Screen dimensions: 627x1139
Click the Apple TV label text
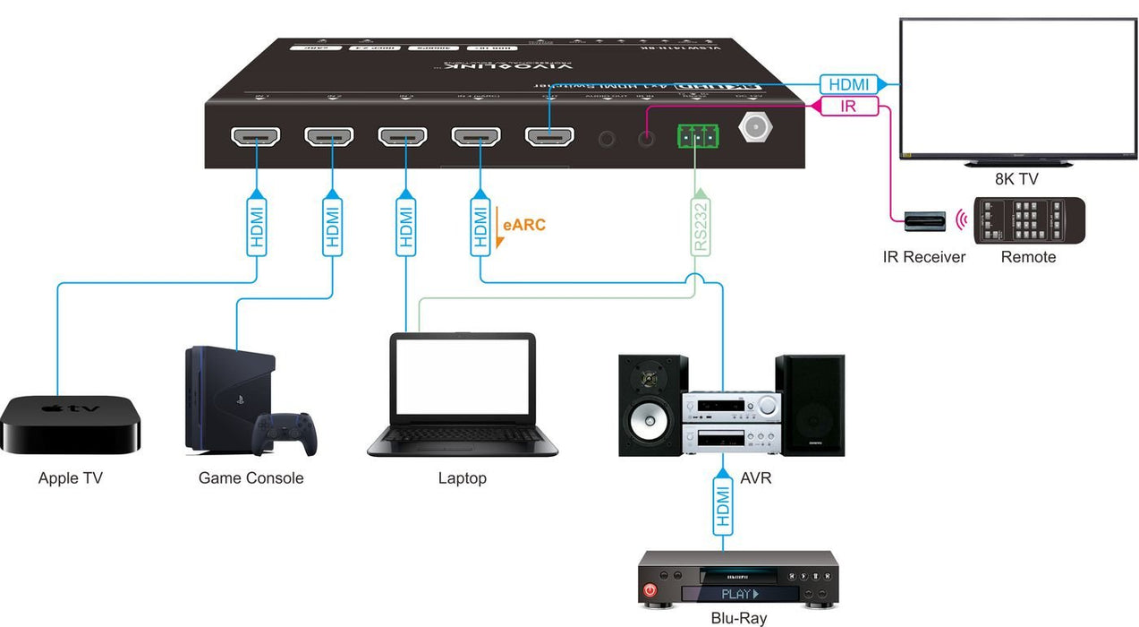point(70,478)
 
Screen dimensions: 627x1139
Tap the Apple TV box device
point(71,425)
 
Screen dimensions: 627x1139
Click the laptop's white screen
point(463,375)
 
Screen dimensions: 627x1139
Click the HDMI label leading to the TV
point(849,84)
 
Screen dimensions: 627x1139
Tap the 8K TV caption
point(1016,179)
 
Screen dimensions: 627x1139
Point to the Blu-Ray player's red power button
point(650,592)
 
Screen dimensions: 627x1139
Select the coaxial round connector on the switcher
point(754,128)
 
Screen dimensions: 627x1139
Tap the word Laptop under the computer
point(462,478)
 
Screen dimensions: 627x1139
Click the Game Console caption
point(251,478)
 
